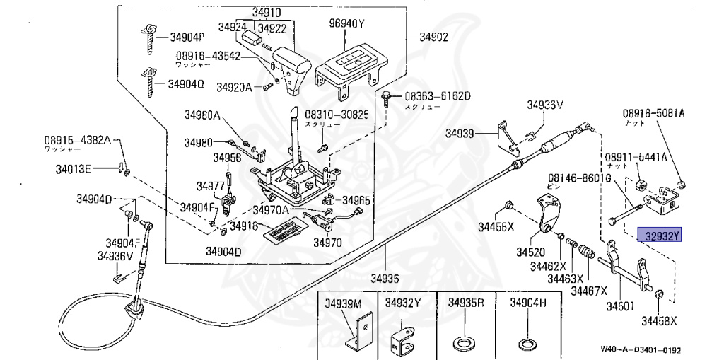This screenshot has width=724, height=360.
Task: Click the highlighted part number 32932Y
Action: pyautogui.click(x=658, y=236)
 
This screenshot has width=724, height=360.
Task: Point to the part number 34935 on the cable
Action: pyautogui.click(x=386, y=278)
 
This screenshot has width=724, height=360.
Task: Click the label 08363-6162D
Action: pyautogui.click(x=437, y=95)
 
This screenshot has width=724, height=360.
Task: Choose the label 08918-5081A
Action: pyautogui.click(x=658, y=113)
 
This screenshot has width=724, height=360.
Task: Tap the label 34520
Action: pyautogui.click(x=530, y=251)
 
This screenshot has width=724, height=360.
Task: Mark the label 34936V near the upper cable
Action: pyautogui.click(x=544, y=105)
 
